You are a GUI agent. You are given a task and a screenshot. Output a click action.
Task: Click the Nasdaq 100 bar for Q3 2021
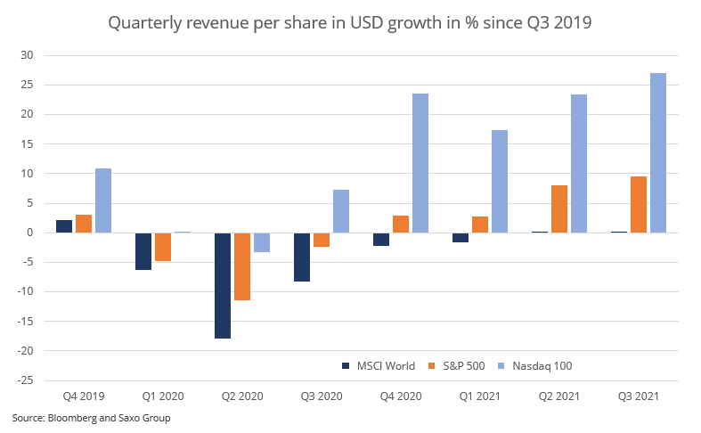(658, 152)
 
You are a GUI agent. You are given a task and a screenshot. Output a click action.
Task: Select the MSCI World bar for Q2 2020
(223, 285)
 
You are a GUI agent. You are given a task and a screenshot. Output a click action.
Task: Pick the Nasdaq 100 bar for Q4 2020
(420, 163)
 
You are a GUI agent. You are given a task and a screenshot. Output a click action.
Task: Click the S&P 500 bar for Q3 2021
(639, 204)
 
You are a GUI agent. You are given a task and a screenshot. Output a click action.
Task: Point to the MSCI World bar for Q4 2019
(64, 226)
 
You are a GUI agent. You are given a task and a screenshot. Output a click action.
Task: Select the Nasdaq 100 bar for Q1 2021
(500, 181)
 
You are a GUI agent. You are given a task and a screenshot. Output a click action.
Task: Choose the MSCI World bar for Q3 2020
(302, 257)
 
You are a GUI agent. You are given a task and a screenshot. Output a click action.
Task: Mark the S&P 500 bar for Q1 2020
(163, 247)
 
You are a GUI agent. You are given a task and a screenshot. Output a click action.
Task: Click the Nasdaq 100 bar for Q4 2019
(103, 200)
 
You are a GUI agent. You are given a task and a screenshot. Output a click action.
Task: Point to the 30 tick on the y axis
(27, 55)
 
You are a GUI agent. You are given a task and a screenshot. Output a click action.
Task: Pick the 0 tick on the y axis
(29, 233)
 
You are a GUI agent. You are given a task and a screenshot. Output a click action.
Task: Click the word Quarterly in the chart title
(140, 22)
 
